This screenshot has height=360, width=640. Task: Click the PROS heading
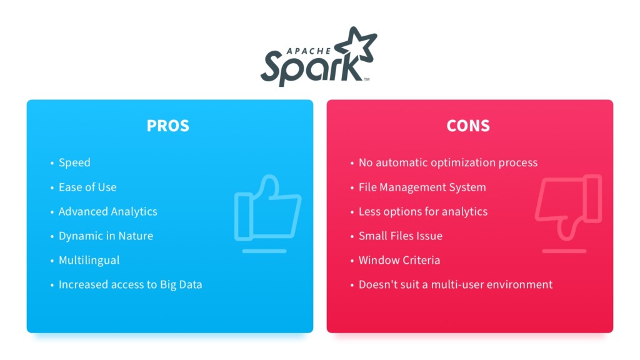(x=167, y=126)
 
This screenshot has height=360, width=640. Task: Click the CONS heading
(x=467, y=126)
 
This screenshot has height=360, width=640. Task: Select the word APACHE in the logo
(x=309, y=51)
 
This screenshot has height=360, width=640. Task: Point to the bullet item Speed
(x=74, y=162)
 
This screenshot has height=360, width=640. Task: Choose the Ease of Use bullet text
(x=87, y=187)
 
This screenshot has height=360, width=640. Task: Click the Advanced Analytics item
(x=107, y=211)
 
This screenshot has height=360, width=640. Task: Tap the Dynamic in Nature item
(x=106, y=236)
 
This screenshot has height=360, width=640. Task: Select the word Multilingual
(x=89, y=261)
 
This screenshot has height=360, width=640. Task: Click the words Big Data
(x=181, y=285)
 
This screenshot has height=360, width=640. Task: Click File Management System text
(x=422, y=187)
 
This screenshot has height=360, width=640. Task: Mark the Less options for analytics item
(x=423, y=211)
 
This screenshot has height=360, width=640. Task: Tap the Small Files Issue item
(x=401, y=236)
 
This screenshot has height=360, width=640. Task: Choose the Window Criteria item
(x=399, y=261)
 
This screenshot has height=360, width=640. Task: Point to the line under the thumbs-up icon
(x=264, y=251)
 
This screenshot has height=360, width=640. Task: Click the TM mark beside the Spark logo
(x=366, y=79)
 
